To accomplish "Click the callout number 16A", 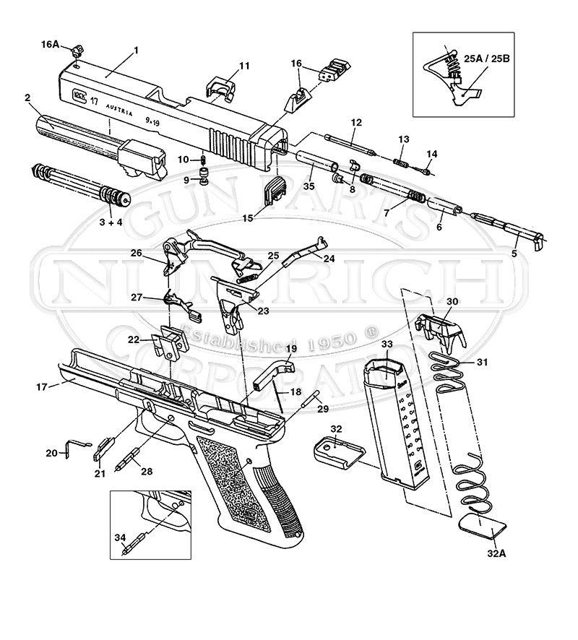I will (49, 44).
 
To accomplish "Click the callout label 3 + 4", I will (111, 222).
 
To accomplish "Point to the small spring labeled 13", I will (403, 161).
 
